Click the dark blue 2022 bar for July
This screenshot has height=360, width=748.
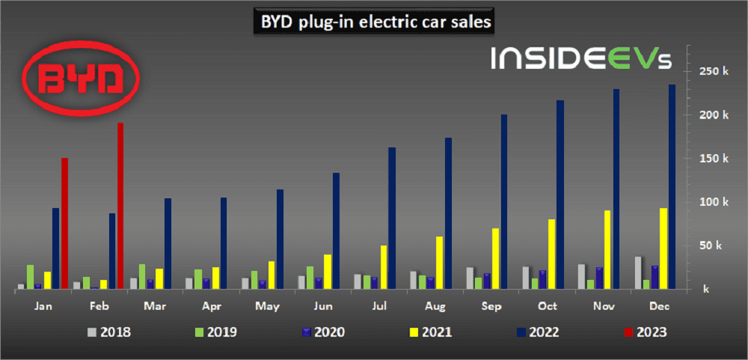pos(392,218)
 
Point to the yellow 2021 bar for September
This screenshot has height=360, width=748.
pos(495,258)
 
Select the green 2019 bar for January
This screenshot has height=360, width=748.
pos(30,276)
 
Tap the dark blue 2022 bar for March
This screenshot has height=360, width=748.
pos(168,243)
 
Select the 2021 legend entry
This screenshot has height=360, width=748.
pos(432,332)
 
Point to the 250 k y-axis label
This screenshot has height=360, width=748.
pos(714,72)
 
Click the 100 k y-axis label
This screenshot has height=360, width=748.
pos(714,202)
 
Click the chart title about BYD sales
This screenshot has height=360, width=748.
pos(375,22)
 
